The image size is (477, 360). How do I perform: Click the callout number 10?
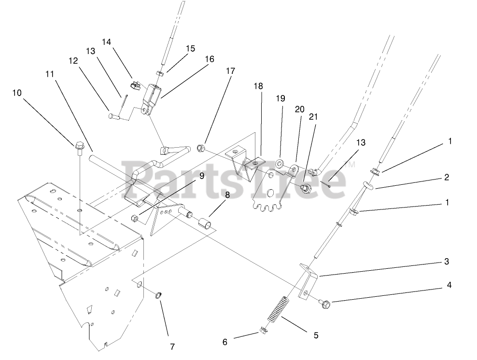pyautogui.click(x=17, y=92)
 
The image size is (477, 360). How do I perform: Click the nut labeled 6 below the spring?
pyautogui.click(x=264, y=332)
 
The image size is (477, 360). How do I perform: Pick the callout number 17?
pyautogui.click(x=230, y=71)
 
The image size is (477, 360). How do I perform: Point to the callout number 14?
pyautogui.click(x=106, y=42)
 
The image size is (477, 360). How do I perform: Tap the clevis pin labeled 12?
pyautogui.click(x=114, y=117)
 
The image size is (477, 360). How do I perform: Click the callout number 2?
pyautogui.click(x=447, y=177)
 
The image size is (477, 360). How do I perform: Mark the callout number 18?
pyautogui.click(x=258, y=86)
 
